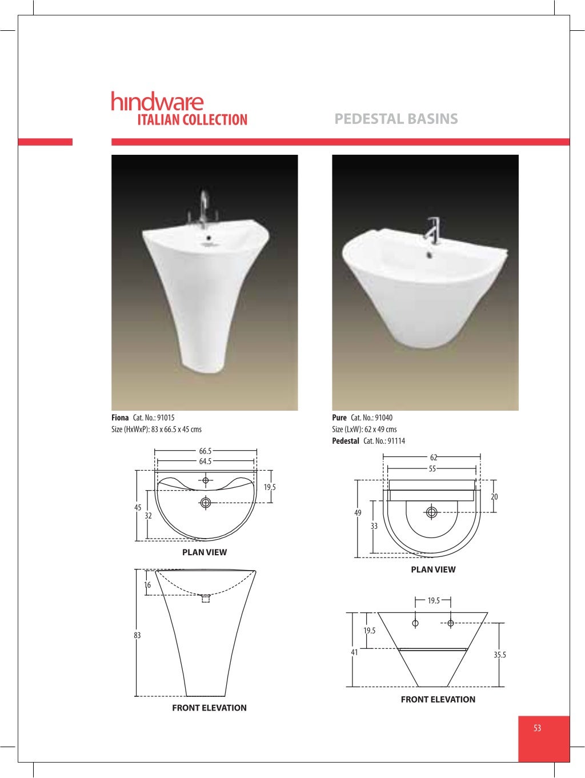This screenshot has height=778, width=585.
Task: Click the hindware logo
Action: pos(157,101)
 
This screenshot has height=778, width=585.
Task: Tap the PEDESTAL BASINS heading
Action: pos(396,119)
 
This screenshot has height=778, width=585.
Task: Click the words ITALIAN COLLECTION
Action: pos(192,120)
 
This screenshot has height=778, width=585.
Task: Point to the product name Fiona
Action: pos(120,418)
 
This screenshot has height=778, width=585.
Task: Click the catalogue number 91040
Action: pos(383,418)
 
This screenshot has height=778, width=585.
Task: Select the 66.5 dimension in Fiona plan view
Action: pos(205,451)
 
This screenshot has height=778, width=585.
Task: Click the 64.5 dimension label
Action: pos(205,462)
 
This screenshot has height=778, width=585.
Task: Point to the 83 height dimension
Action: pos(137,635)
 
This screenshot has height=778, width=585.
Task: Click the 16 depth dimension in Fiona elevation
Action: pos(147,585)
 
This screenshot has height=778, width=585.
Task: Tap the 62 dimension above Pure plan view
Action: pos(434,458)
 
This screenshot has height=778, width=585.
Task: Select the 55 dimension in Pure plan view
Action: pos(432,469)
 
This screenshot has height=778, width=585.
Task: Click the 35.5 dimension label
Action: pos(500,655)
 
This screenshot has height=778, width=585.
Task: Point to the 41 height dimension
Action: pos(354,652)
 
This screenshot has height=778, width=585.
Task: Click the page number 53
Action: pos(537,728)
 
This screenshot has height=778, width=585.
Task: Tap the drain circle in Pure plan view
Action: pos(432,512)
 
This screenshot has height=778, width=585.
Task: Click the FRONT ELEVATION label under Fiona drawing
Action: pos(209,708)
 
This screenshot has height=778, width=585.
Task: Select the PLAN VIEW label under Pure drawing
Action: pos(433,570)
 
